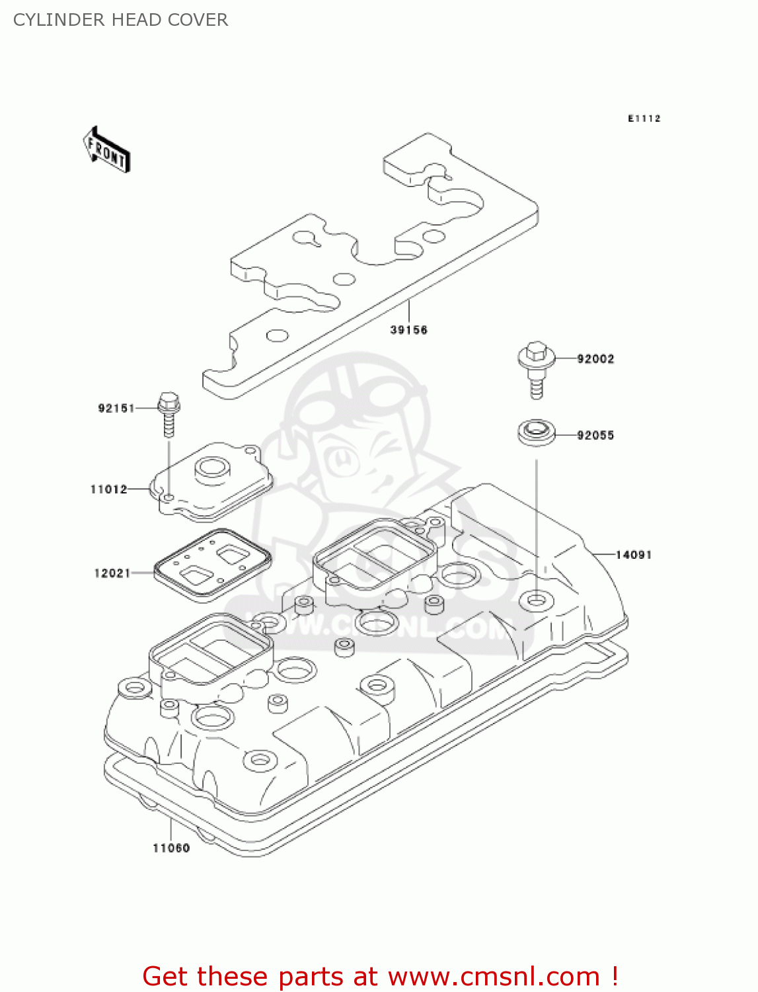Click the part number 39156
[408, 330]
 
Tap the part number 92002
[595, 359]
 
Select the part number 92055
[595, 435]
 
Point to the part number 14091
[633, 554]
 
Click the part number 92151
[116, 409]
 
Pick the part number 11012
[109, 489]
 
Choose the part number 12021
[112, 573]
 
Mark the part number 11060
[171, 848]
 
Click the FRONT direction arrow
[106, 149]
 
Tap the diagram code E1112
[644, 118]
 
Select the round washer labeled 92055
[537, 433]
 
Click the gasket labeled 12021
[213, 565]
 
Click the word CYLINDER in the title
[59, 20]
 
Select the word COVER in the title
[198, 20]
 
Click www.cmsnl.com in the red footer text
[494, 976]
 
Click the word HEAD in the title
[136, 20]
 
